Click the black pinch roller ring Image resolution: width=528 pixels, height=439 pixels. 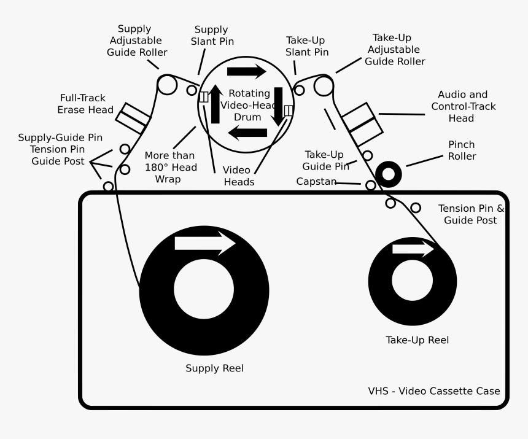point(388,174)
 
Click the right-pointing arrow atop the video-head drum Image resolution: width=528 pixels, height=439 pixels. point(246,71)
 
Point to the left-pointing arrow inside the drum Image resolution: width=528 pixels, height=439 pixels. point(247,132)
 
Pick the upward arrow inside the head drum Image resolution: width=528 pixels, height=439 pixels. point(215,104)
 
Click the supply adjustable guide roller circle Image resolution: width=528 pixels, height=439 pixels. point(166,85)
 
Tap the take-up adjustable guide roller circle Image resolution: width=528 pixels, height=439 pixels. point(324,86)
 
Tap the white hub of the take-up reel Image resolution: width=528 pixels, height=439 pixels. point(412,282)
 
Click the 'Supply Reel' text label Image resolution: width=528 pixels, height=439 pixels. point(214,368)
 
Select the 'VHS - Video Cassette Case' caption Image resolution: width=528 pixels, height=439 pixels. point(433,391)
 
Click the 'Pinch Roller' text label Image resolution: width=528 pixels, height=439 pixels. point(461,150)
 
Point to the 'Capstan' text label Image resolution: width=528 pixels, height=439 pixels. point(316,182)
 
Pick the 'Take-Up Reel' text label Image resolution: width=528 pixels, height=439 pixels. point(417,340)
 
